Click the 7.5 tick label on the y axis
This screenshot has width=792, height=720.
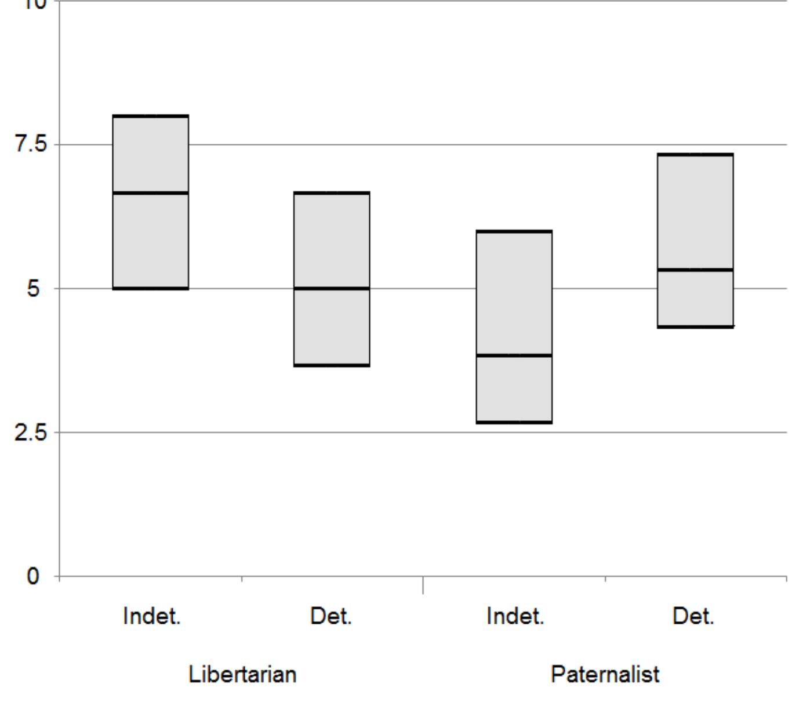[30, 144]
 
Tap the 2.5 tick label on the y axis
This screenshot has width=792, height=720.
[30, 432]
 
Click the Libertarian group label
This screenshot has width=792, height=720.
[242, 674]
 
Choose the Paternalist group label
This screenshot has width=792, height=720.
[605, 674]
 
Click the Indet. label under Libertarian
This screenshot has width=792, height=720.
[152, 616]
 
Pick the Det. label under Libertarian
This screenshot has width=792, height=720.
[331, 616]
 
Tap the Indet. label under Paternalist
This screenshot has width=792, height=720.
[515, 616]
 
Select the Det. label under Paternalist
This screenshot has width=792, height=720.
[693, 616]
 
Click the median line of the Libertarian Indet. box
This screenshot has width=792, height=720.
[151, 192]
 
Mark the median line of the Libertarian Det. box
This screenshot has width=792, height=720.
[332, 288]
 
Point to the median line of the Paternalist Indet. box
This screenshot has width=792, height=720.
[514, 355]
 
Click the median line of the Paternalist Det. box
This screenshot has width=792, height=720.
[695, 270]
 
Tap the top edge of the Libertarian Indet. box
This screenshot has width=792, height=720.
[151, 116]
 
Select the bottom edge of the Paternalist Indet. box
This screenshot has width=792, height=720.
[514, 422]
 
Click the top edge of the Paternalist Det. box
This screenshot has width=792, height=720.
[695, 155]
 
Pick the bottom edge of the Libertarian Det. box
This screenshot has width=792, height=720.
[332, 365]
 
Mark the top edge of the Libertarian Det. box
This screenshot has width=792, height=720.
[332, 192]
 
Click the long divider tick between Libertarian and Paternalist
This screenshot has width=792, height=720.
[423, 585]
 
